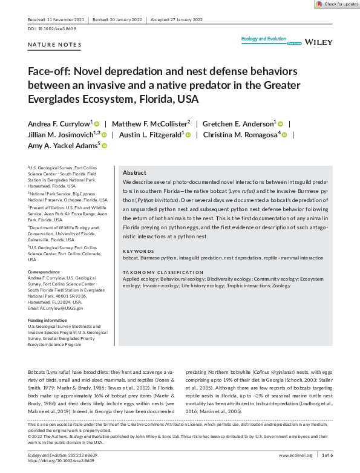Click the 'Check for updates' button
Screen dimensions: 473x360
pos(337,4)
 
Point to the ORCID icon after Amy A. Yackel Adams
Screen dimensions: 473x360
pos(104,146)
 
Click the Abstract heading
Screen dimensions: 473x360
pos(134,173)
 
